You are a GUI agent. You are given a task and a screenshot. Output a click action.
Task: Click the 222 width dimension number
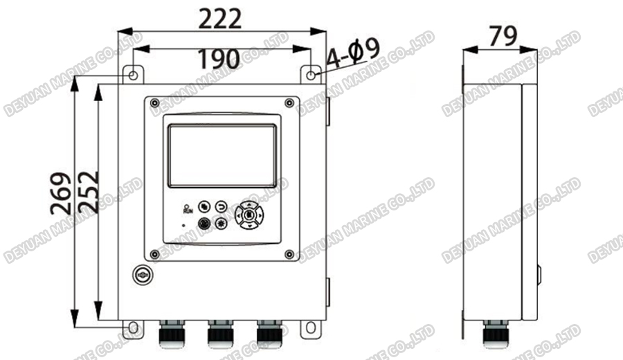pos(220,18)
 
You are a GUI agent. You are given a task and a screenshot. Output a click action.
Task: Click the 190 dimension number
pos(219,60)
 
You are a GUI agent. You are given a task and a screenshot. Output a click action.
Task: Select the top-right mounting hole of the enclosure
pos(311,74)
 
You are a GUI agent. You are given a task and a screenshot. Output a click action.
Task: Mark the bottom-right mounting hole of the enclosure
pos(311,325)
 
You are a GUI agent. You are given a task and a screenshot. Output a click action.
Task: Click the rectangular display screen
pos(223,154)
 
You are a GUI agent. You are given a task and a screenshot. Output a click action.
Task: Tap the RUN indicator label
pos(187,208)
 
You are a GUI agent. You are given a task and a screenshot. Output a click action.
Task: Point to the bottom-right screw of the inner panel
pos(289,254)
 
